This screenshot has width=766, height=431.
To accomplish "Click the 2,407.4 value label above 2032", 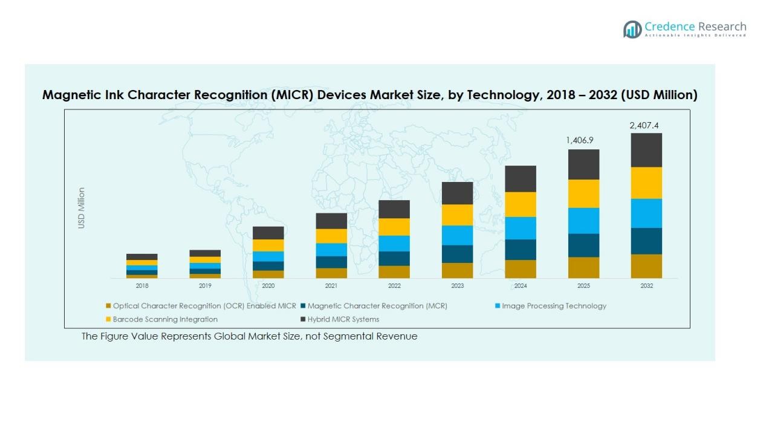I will [644, 126].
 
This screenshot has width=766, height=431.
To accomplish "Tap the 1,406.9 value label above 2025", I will [580, 140].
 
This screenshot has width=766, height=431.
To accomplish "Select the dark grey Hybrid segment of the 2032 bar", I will [646, 150].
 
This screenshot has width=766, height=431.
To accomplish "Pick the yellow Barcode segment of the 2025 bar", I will [583, 193].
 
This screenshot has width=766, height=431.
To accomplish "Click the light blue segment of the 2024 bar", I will [521, 228].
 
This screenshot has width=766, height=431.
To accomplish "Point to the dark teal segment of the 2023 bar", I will [457, 254].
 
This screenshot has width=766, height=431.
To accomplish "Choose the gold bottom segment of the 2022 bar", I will [394, 272].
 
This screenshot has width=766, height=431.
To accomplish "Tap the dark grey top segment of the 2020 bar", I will [268, 233].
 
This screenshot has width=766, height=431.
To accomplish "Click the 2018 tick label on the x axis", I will [142, 286].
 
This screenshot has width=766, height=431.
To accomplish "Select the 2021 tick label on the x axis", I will [331, 286].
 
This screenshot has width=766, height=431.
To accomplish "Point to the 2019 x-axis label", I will [205, 286].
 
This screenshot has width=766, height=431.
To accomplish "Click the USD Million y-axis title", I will [82, 208].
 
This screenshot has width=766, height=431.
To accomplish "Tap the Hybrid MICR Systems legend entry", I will [343, 319].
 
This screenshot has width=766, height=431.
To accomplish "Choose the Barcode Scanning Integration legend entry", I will [164, 319].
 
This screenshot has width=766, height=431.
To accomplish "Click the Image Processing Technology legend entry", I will [553, 306].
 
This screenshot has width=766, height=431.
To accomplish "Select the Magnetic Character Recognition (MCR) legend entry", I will [377, 306].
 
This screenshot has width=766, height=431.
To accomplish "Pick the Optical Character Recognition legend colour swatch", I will [108, 306].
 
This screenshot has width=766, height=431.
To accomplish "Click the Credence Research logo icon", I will [632, 29].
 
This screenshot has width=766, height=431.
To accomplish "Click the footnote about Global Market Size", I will [249, 336].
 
